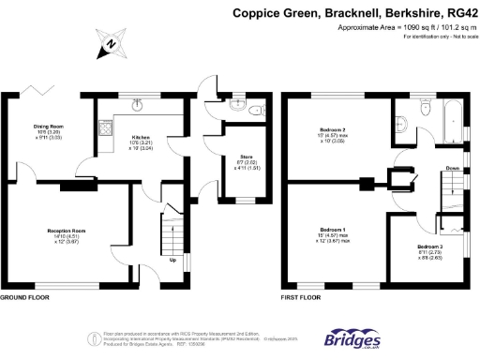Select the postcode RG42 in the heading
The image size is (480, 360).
458,13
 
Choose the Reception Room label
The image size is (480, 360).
67,229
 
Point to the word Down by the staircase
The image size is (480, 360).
452,169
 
